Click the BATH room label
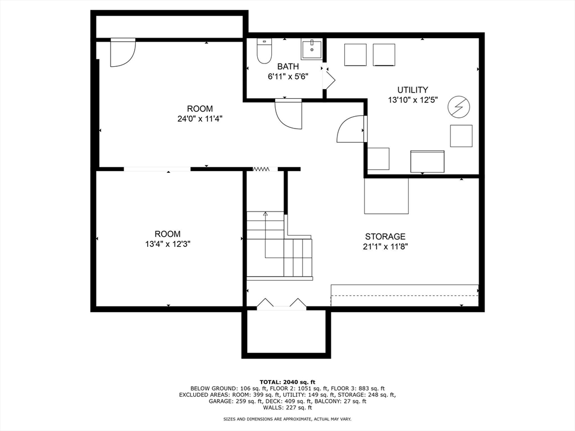pyautogui.click(x=288, y=66)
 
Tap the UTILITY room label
pyautogui.click(x=413, y=90)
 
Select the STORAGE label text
pyautogui.click(x=385, y=236)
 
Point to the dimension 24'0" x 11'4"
pyautogui.click(x=200, y=119)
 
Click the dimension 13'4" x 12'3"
pyautogui.click(x=167, y=244)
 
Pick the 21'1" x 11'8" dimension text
pyautogui.click(x=385, y=247)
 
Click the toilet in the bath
pyautogui.click(x=264, y=51)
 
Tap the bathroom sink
pyautogui.click(x=312, y=50)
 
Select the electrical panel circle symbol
pyautogui.click(x=458, y=107)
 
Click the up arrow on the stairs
pyautogui.click(x=266, y=214)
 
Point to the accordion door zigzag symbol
pyautogui.click(x=261, y=169)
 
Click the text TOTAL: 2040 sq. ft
pyautogui.click(x=287, y=382)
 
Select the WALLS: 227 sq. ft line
pyautogui.click(x=287, y=407)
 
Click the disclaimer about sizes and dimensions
pyautogui.click(x=287, y=419)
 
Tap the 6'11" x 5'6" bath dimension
pyautogui.click(x=288, y=76)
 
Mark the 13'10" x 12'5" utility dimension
pyautogui.click(x=413, y=100)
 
